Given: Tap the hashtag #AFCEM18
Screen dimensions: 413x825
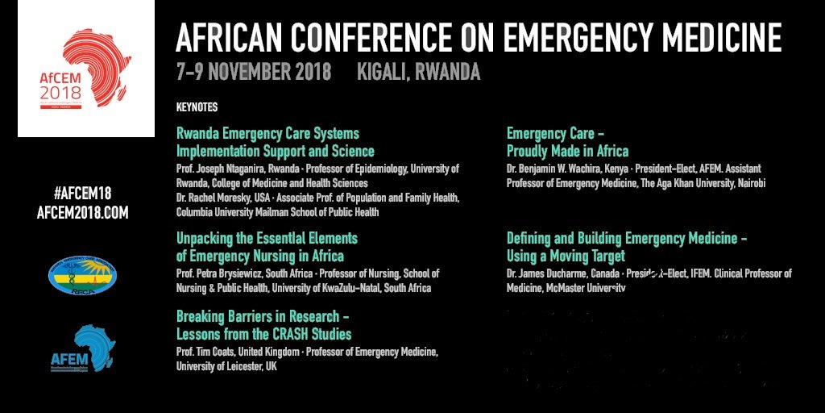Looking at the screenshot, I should [x=82, y=194].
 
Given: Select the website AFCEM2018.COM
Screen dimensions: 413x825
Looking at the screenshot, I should [x=82, y=212].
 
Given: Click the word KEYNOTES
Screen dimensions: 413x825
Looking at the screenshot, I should [x=197, y=107].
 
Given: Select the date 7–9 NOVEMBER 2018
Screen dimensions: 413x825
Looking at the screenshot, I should [x=254, y=73].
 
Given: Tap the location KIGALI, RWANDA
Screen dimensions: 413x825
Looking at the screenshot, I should [x=418, y=73].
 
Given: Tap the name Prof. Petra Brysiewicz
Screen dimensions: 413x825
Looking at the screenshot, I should [x=222, y=273].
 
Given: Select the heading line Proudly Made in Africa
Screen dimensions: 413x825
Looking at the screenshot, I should [x=567, y=151].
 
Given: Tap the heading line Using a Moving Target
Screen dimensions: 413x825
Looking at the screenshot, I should [x=566, y=257].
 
